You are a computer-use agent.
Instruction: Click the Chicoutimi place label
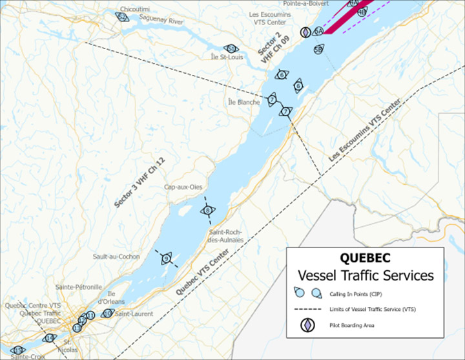[131, 10]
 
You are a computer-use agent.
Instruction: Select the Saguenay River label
[162, 21]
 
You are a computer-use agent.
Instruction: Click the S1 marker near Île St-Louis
[231, 48]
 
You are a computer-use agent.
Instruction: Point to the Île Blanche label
[243, 101]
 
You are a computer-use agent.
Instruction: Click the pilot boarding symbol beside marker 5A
[306, 32]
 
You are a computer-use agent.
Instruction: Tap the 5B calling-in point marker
[318, 48]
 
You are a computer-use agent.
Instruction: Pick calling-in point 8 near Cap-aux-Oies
[207, 210]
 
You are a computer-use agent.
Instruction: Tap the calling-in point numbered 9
[167, 259]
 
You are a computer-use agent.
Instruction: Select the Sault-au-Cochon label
[116, 257]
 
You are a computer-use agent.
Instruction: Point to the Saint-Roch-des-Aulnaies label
[226, 236]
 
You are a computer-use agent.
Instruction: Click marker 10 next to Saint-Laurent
[108, 313]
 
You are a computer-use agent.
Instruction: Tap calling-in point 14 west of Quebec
[49, 338]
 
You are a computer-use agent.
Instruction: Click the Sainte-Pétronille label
[79, 286]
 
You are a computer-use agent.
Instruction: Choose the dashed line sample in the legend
[308, 309]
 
